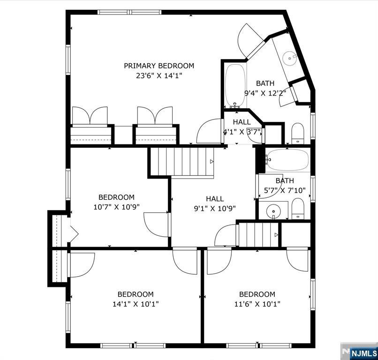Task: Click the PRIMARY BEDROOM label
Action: [159, 66]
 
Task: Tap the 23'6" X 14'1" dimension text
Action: [159, 76]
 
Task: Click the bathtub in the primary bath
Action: [235, 85]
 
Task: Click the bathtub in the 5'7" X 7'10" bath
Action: [288, 159]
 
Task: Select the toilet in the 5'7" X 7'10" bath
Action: [298, 209]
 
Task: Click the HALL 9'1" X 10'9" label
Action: [215, 203]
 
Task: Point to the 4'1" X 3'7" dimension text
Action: [242, 132]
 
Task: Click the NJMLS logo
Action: [364, 353]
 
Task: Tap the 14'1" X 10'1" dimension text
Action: [136, 304]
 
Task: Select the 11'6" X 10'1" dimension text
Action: [257, 304]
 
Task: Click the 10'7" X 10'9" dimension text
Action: [116, 207]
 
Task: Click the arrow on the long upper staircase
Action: [212, 161]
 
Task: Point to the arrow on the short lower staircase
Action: [277, 235]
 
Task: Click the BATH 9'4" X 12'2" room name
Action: [265, 83]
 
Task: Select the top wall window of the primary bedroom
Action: [129, 12]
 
